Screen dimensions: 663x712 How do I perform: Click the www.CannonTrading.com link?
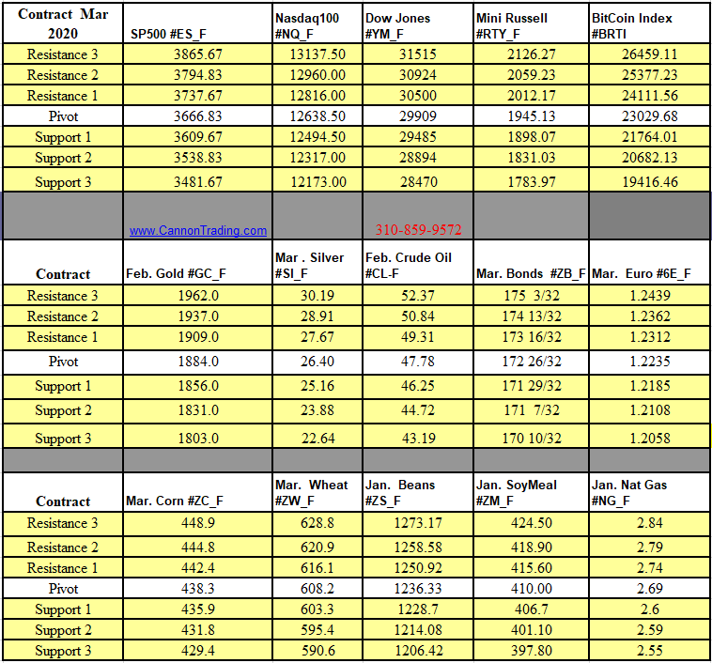197,230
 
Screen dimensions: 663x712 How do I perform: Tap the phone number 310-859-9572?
418,229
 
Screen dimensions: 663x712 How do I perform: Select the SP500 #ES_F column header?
168,35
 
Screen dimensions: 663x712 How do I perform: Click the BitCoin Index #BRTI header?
632,26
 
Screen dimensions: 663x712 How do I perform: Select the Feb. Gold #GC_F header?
176,274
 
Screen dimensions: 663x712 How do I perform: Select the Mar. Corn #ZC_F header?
175,501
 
